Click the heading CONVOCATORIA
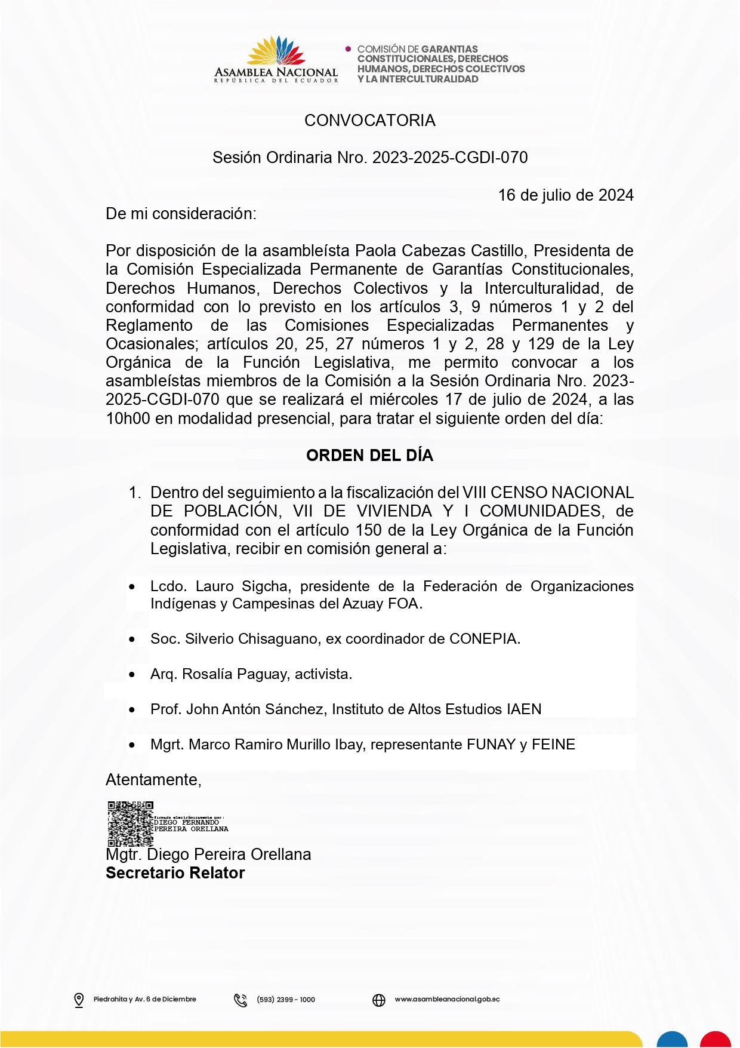coord(369,121)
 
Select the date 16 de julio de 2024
coord(566,195)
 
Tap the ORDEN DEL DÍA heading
coord(369,456)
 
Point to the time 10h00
coord(128,419)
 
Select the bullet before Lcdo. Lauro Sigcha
coord(132,588)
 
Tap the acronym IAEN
coord(524,709)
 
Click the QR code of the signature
coord(130,824)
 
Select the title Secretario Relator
coord(175,873)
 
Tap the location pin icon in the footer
coord(79,1000)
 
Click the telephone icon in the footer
coord(240,1000)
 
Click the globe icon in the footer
coord(379,1000)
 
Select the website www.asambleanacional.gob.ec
coord(447,1000)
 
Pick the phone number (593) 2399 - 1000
coord(286,1000)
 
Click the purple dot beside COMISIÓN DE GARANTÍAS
coord(349,49)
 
